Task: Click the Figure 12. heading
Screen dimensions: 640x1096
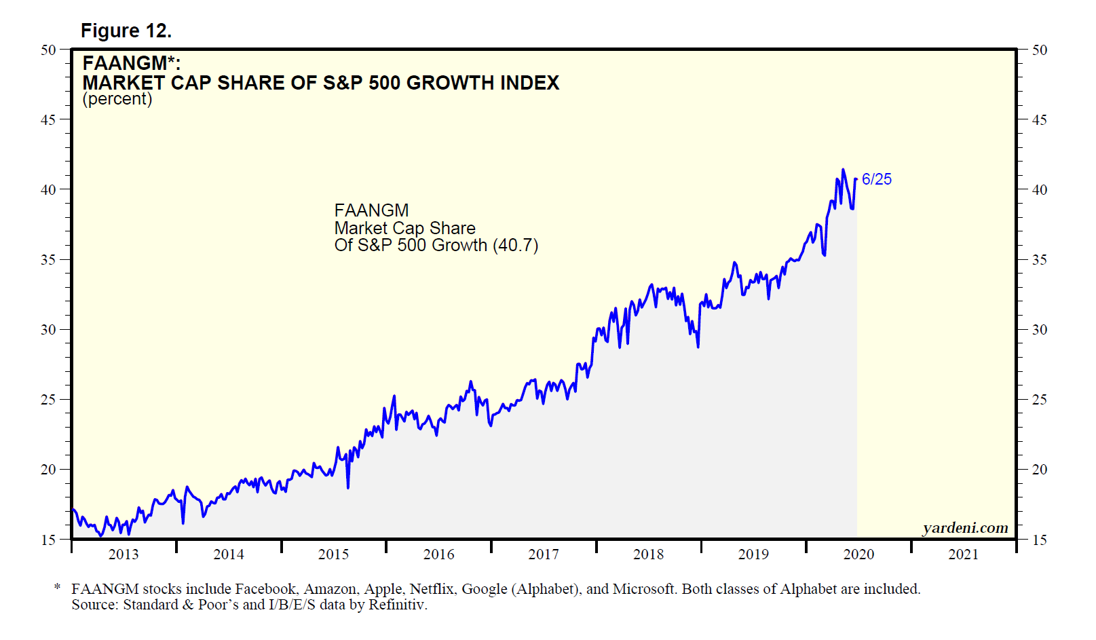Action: coord(126,31)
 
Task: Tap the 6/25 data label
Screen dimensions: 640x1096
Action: coord(877,179)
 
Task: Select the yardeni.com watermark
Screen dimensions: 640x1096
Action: coord(965,527)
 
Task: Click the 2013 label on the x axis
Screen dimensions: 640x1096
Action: coord(124,554)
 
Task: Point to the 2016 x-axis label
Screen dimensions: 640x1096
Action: coord(438,554)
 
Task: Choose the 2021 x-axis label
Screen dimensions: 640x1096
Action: coord(963,554)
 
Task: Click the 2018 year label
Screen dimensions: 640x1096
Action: coord(648,554)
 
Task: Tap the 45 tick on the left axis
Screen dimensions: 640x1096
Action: coord(48,119)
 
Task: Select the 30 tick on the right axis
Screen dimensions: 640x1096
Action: coord(1039,330)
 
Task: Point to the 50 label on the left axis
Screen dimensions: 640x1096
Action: coord(48,50)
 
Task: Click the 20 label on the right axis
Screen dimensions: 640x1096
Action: coord(1039,470)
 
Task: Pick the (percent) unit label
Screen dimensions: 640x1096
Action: coord(117,99)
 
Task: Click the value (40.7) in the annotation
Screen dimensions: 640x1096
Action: coord(516,245)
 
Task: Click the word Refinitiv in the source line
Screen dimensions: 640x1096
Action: coord(398,605)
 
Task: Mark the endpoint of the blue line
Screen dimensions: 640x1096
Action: coord(856,179)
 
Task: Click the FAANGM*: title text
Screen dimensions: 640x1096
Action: coord(132,63)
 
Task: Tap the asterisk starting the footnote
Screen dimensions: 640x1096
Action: coord(58,588)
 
